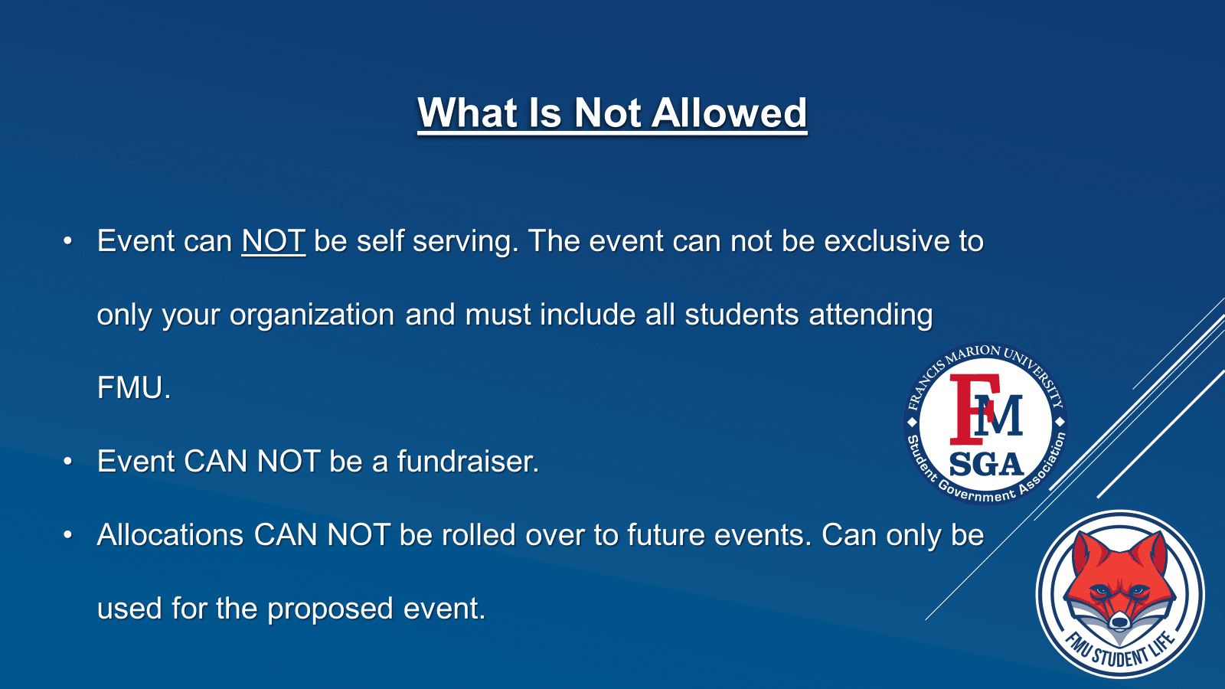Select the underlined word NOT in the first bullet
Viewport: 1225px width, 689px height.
(273, 240)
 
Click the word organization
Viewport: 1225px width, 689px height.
(312, 315)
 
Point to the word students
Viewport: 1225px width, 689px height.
(742, 315)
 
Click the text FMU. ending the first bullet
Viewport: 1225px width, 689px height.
(134, 387)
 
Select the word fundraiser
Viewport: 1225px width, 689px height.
(468, 461)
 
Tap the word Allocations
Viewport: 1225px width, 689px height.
(170, 535)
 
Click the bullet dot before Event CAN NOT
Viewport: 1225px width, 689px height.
(67, 462)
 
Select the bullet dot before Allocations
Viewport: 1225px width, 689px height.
(67, 535)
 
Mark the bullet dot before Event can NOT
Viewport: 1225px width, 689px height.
(67, 240)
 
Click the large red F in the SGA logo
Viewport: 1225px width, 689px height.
(971, 409)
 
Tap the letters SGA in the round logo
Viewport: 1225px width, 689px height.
(987, 464)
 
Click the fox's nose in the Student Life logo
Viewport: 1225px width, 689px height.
(1119, 622)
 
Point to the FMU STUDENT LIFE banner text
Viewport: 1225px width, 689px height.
(1119, 651)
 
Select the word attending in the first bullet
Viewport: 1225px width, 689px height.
(871, 315)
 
